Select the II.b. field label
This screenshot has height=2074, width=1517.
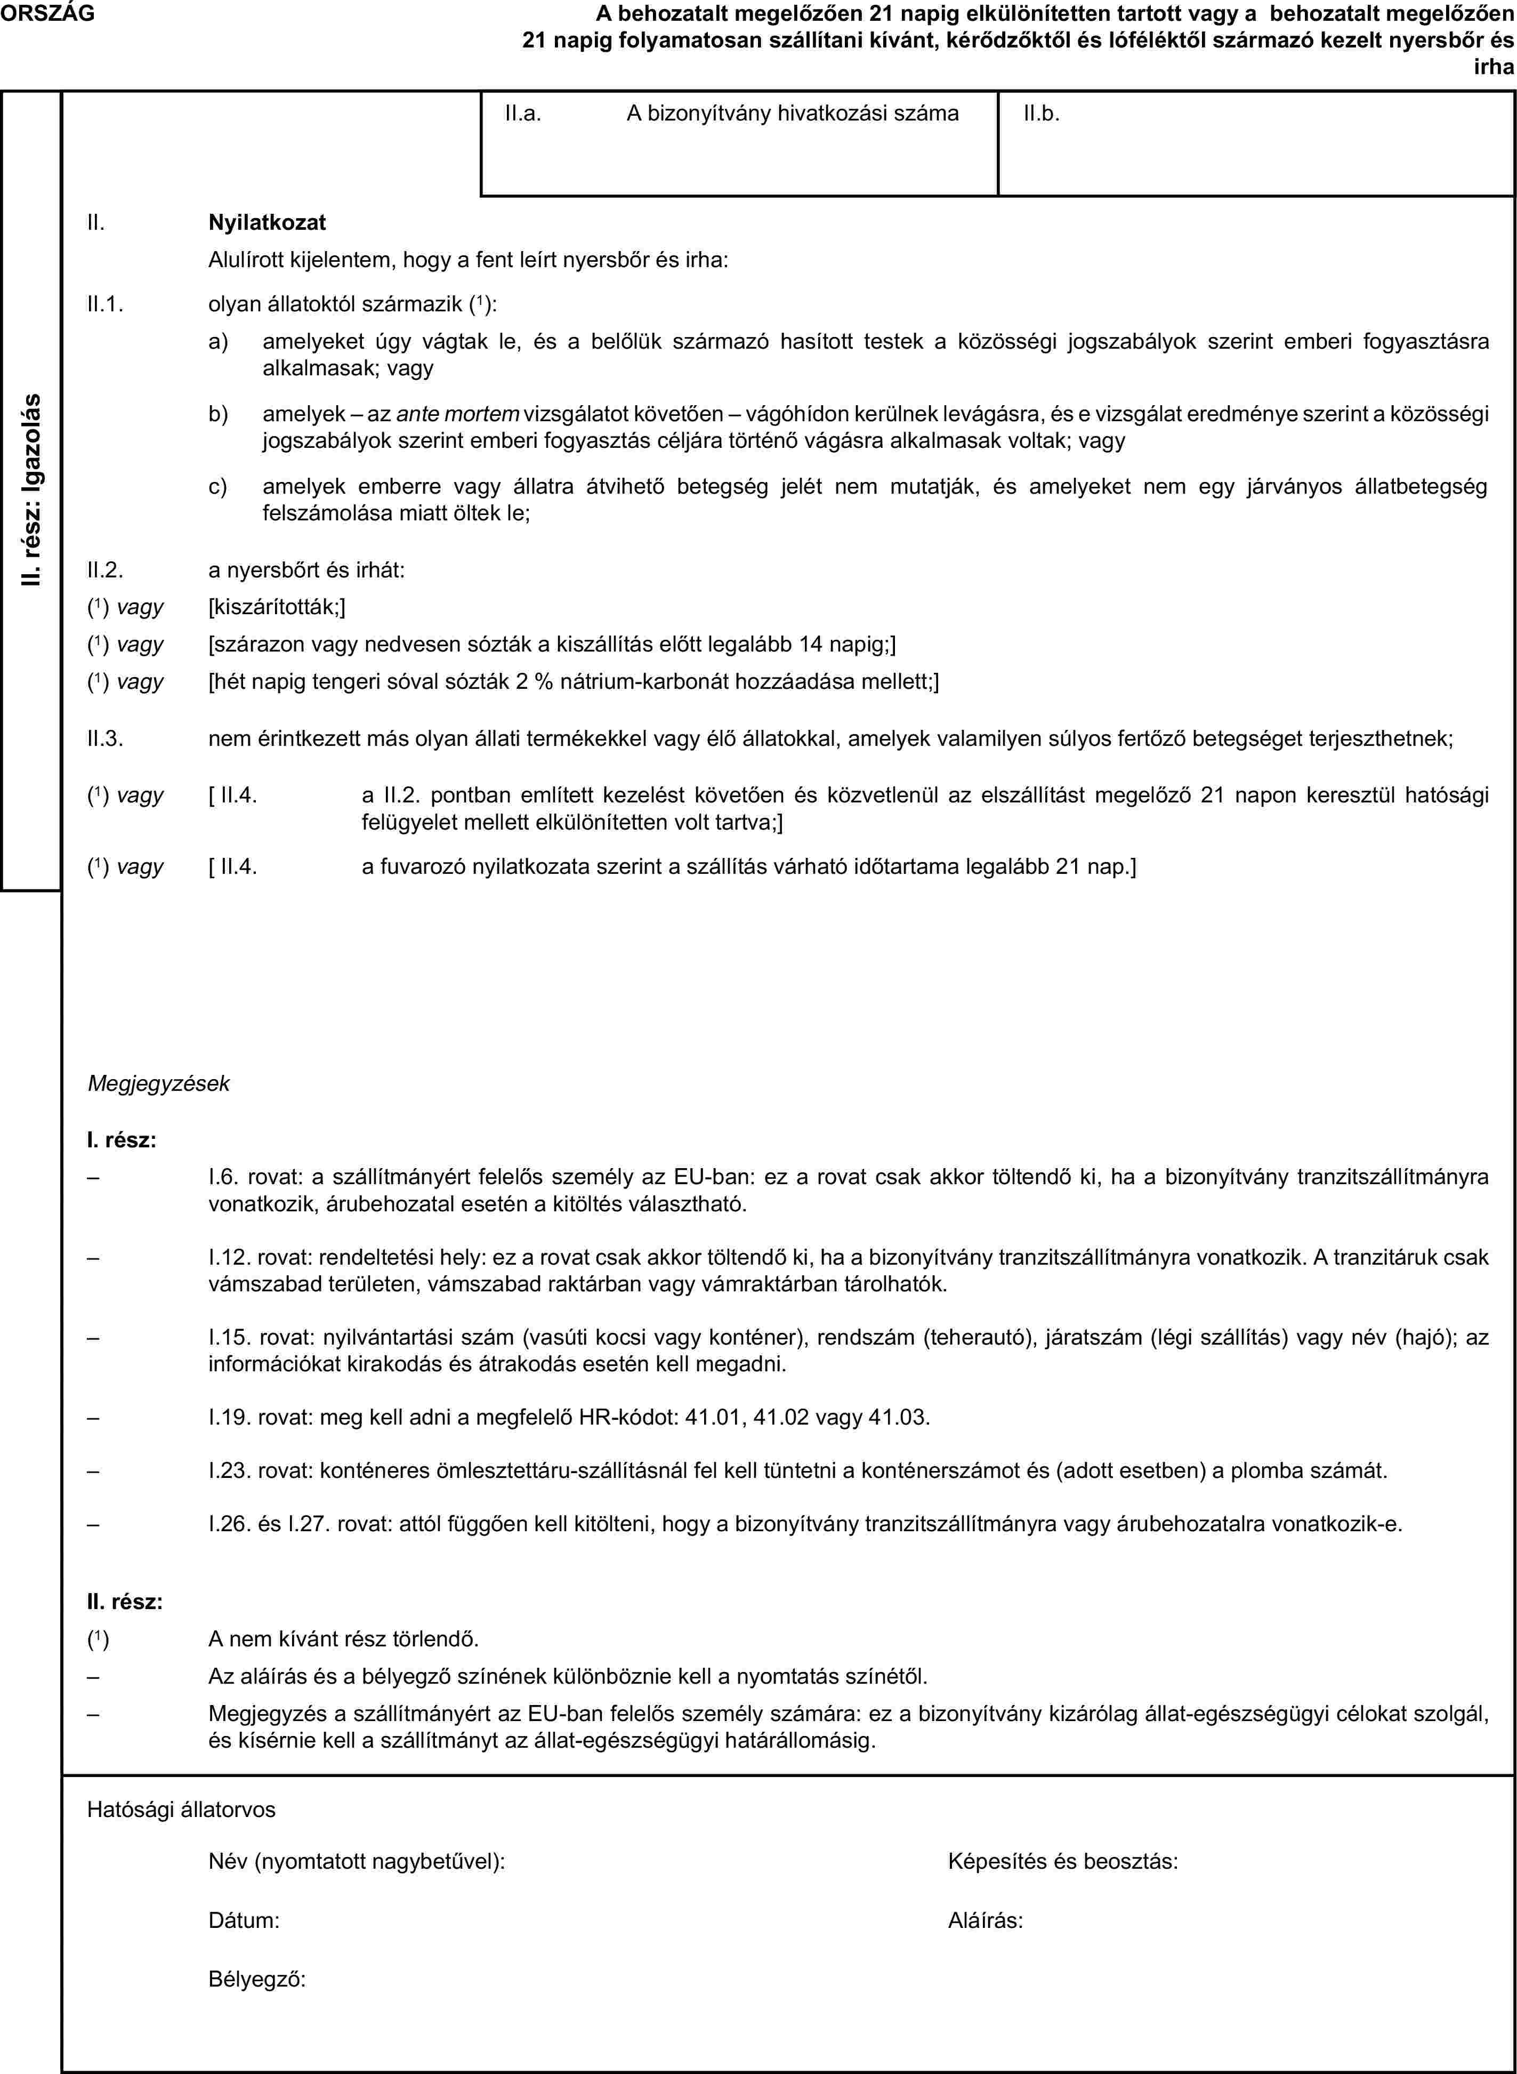[x=1042, y=114]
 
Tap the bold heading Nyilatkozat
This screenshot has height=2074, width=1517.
[x=267, y=222]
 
